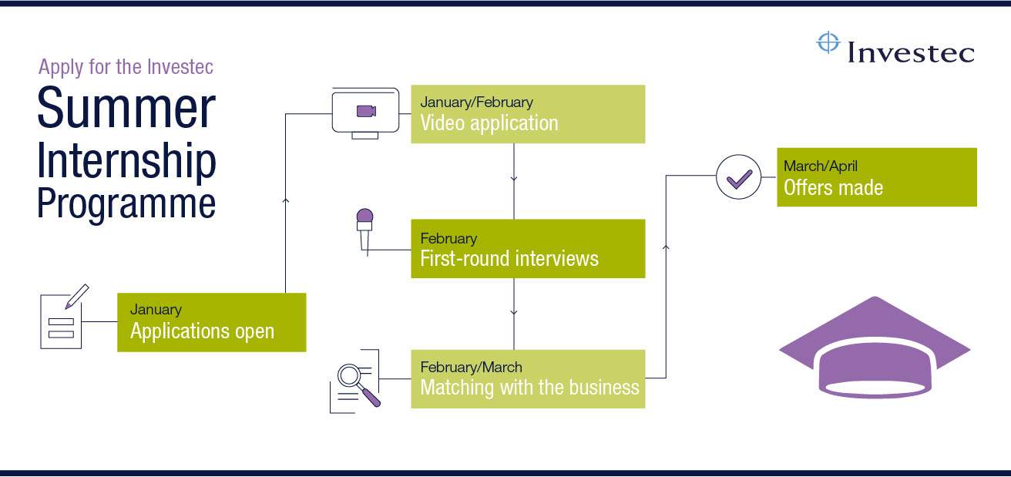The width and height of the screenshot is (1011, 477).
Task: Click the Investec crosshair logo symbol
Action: tap(828, 43)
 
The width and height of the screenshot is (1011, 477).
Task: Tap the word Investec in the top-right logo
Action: tap(911, 52)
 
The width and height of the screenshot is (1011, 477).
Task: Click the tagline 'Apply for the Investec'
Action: tap(126, 67)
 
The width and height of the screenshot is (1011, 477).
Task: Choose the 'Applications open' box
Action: tap(211, 322)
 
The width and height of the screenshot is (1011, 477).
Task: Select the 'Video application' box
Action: tap(527, 114)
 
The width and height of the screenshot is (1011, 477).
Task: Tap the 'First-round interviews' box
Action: tap(527, 249)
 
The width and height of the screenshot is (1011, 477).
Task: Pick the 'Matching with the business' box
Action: tap(527, 378)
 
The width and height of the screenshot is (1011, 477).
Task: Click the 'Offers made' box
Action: tap(876, 177)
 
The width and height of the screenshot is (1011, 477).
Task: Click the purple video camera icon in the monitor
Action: tap(366, 112)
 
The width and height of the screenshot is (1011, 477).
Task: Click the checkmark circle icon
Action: tap(738, 178)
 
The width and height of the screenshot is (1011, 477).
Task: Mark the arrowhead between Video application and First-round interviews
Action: tap(514, 180)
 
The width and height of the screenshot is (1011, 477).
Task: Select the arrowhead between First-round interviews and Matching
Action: tap(514, 313)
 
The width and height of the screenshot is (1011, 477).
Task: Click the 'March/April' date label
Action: tap(820, 166)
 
